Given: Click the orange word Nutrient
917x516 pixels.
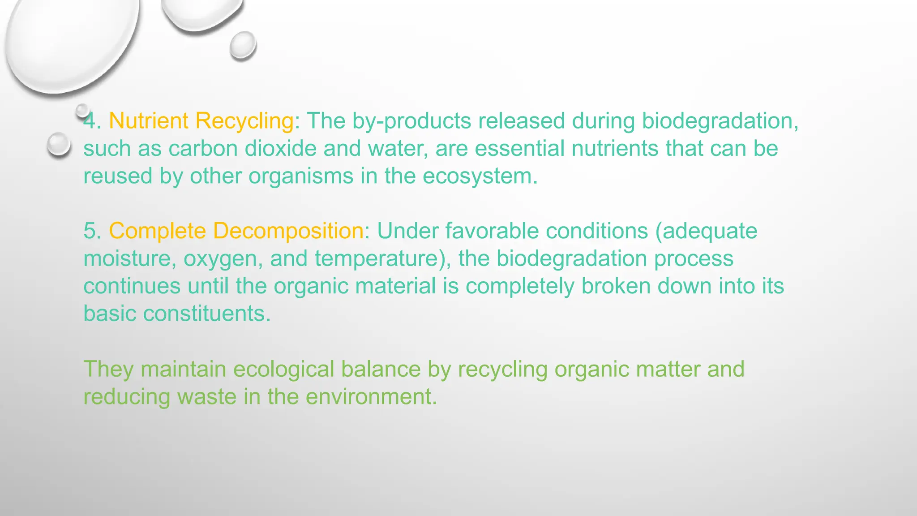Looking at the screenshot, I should (149, 121).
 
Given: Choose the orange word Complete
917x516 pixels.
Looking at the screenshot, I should (157, 231).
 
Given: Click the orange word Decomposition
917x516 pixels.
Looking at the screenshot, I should (288, 231).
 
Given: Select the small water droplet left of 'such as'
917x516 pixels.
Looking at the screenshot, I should (59, 145).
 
